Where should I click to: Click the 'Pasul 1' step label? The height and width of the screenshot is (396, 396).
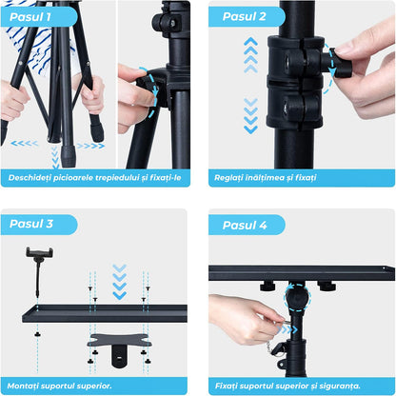30,17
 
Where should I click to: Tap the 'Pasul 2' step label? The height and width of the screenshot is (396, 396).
244,16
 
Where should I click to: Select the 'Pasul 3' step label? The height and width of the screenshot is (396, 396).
31,224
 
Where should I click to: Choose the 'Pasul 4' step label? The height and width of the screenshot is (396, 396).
245,226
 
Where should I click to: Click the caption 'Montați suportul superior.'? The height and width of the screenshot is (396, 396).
59,386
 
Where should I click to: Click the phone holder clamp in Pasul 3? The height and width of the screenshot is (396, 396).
39,253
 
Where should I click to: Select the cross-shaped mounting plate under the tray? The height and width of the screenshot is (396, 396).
120,340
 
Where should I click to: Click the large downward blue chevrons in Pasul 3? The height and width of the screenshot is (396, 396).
119,282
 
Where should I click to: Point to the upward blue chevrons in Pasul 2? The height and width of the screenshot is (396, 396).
250,55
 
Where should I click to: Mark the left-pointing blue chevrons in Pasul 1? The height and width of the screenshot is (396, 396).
25,144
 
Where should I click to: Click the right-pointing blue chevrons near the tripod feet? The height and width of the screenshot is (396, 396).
90,146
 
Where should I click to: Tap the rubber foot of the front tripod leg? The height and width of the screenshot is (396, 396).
69,156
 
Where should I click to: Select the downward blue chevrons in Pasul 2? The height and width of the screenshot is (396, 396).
250,116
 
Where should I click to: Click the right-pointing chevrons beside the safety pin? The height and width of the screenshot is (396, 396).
287,330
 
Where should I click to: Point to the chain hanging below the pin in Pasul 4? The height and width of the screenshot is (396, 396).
269,346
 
